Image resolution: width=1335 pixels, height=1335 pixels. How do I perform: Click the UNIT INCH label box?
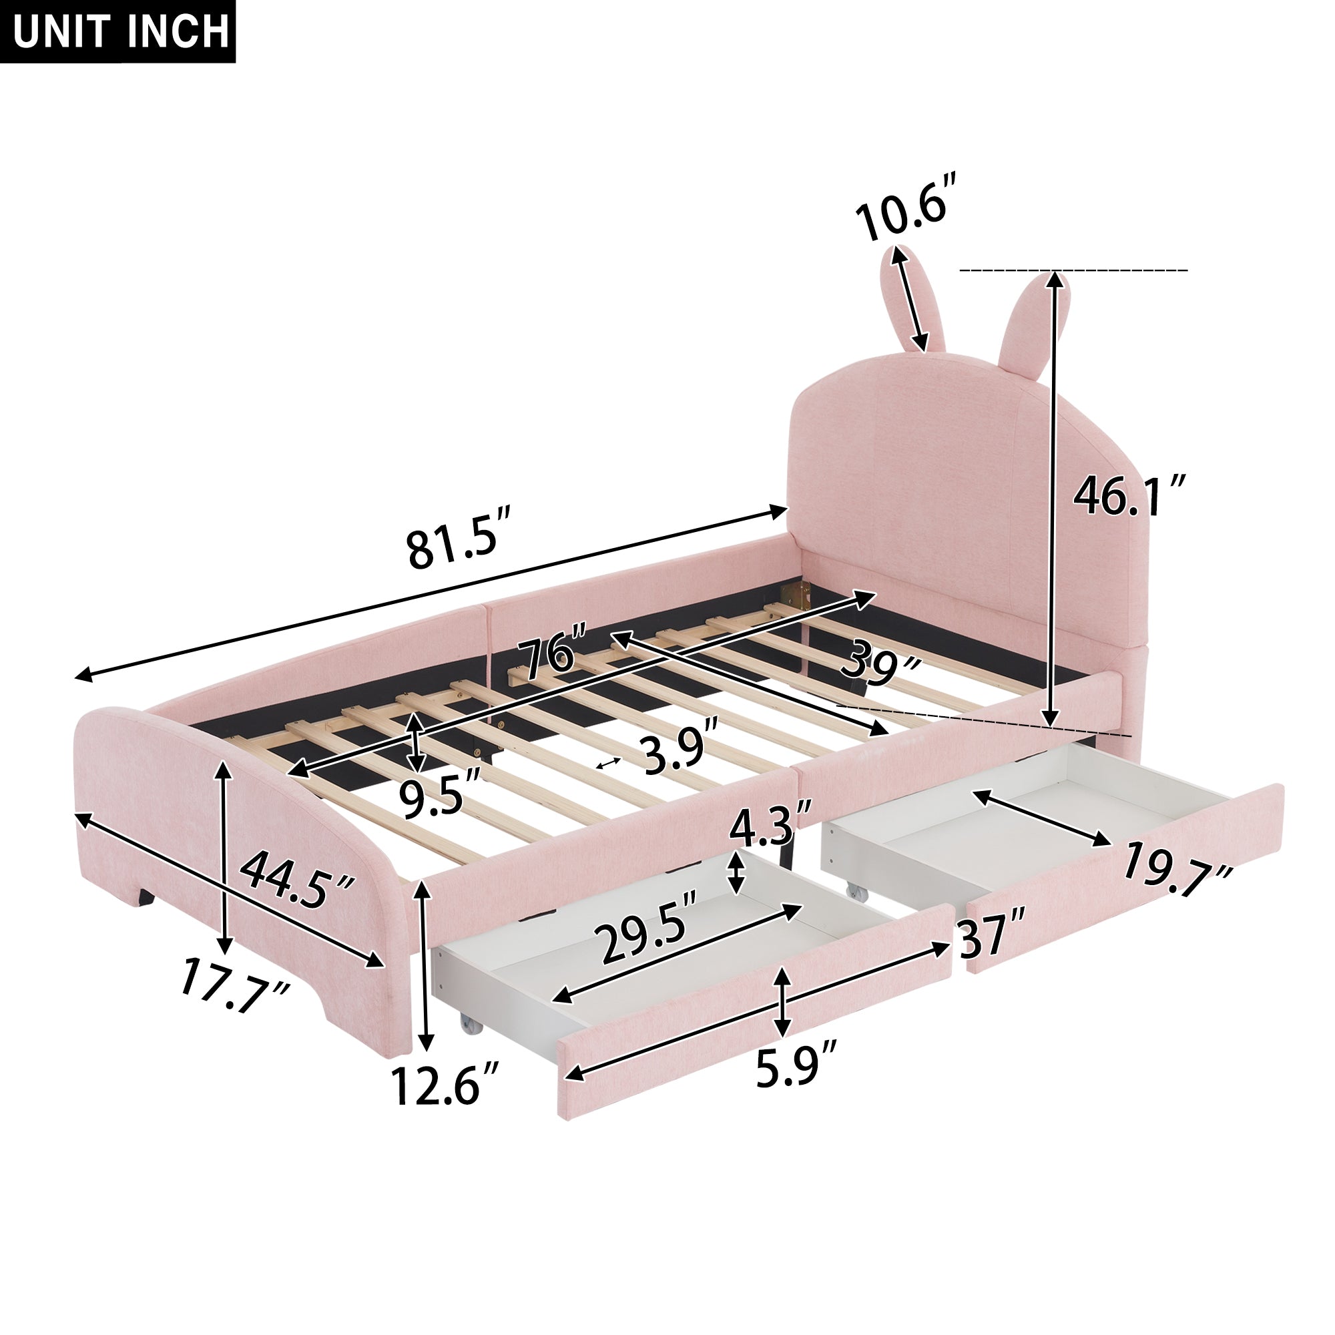coord(118,31)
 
